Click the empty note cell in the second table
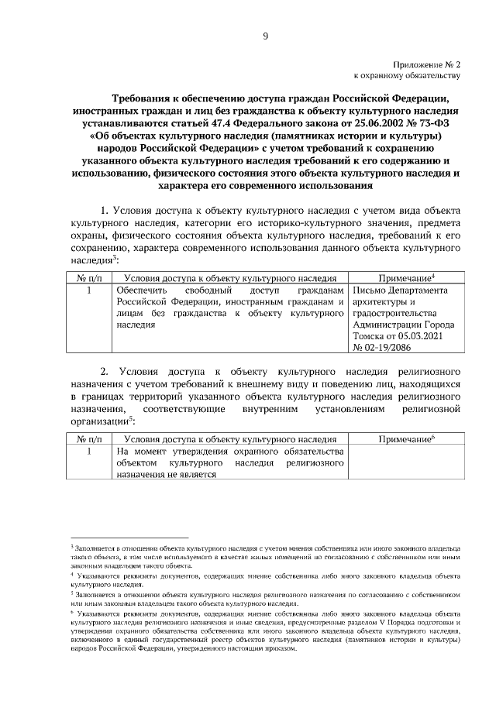pyautogui.click(x=405, y=462)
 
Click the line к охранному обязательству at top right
pyautogui.click(x=407, y=76)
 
